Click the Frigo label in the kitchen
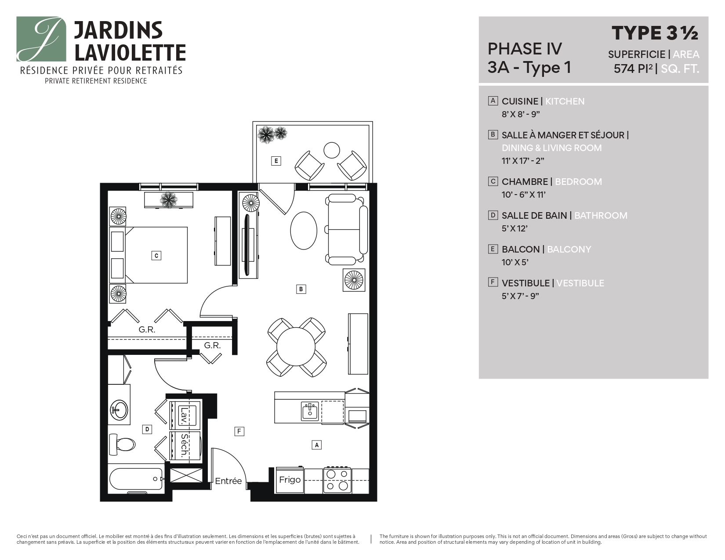pyautogui.click(x=290, y=480)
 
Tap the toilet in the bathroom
pyautogui.click(x=123, y=444)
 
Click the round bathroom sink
pyautogui.click(x=119, y=410)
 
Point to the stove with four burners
pyautogui.click(x=337, y=480)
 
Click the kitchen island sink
pyautogui.click(x=310, y=412)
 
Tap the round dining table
pyautogui.click(x=296, y=347)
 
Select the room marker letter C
pyautogui.click(x=156, y=256)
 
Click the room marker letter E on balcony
pyautogui.click(x=276, y=161)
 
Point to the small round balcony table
pyautogui.click(x=332, y=150)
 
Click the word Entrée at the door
pyautogui.click(x=228, y=481)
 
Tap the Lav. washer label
pyautogui.click(x=184, y=414)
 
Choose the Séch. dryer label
pyautogui.click(x=184, y=445)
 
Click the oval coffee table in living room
pyautogui.click(x=304, y=231)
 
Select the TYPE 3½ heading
pyautogui.click(x=655, y=33)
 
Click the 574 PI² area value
pyautogui.click(x=633, y=69)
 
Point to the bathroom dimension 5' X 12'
pyautogui.click(x=515, y=228)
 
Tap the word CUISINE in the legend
pyautogui.click(x=520, y=101)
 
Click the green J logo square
pyautogui.click(x=41, y=39)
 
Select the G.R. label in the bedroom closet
pyautogui.click(x=147, y=329)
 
